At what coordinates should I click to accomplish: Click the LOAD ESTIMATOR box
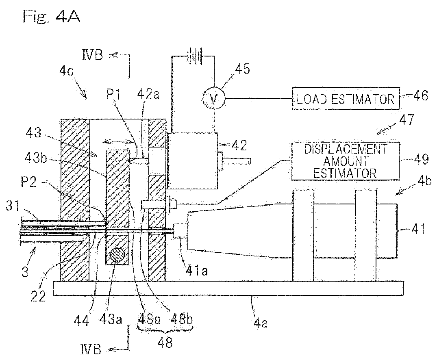click(346, 98)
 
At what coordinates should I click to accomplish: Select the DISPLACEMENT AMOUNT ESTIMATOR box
click(345, 161)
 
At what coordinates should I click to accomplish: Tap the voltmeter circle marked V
click(214, 98)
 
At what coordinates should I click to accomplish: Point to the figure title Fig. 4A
click(52, 16)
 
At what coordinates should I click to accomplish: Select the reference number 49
click(421, 159)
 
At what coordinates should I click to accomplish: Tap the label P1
click(114, 94)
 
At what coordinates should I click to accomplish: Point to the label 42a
click(148, 94)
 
